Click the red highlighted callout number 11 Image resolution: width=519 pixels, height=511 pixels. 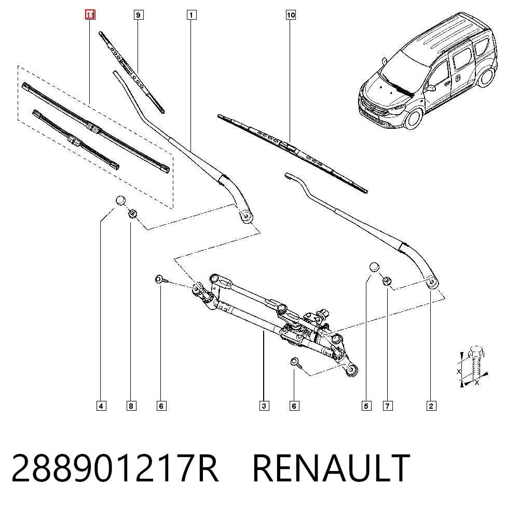tap(90, 15)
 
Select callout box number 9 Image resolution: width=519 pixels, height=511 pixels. tap(139, 15)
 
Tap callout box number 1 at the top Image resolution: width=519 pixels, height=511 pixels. tap(192, 15)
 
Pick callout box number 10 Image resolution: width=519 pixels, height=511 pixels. tap(291, 15)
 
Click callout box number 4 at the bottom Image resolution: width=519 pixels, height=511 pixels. tap(101, 406)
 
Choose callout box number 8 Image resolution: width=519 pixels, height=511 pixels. tap(131, 406)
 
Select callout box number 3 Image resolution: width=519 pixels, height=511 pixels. tap(264, 406)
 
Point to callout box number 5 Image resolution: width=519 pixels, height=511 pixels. tap(366, 406)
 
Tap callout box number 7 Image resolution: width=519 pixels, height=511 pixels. tap(388, 406)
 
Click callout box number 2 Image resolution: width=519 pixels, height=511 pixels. tap(431, 406)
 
